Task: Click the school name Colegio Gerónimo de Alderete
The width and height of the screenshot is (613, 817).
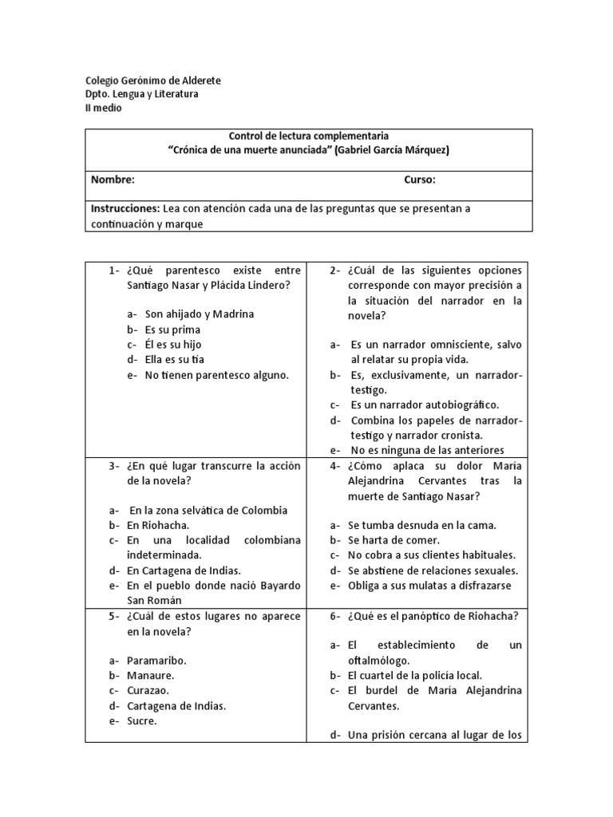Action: [x=153, y=81]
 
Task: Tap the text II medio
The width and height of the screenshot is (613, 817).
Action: [x=103, y=108]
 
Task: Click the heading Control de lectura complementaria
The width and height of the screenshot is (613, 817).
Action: [x=308, y=136]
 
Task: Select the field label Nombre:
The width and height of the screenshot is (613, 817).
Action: [x=113, y=180]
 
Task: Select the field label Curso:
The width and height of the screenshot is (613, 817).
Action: [x=420, y=180]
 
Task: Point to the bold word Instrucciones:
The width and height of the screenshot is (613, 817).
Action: [x=125, y=208]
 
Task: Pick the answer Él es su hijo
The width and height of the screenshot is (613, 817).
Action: [x=173, y=344]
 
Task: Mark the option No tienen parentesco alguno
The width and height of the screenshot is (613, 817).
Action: [x=216, y=374]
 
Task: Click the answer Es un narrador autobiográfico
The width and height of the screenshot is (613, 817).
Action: [x=425, y=405]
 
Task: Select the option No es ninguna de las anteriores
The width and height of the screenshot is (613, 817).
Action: [x=427, y=450]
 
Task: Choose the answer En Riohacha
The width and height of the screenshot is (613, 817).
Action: [x=157, y=525]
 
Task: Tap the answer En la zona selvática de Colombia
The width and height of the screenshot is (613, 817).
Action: [x=208, y=510]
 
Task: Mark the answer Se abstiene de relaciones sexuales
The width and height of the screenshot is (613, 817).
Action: [x=433, y=570]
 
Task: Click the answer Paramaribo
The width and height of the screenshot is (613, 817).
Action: [x=157, y=661]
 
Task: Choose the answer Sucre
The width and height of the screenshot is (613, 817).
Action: [x=142, y=720]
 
